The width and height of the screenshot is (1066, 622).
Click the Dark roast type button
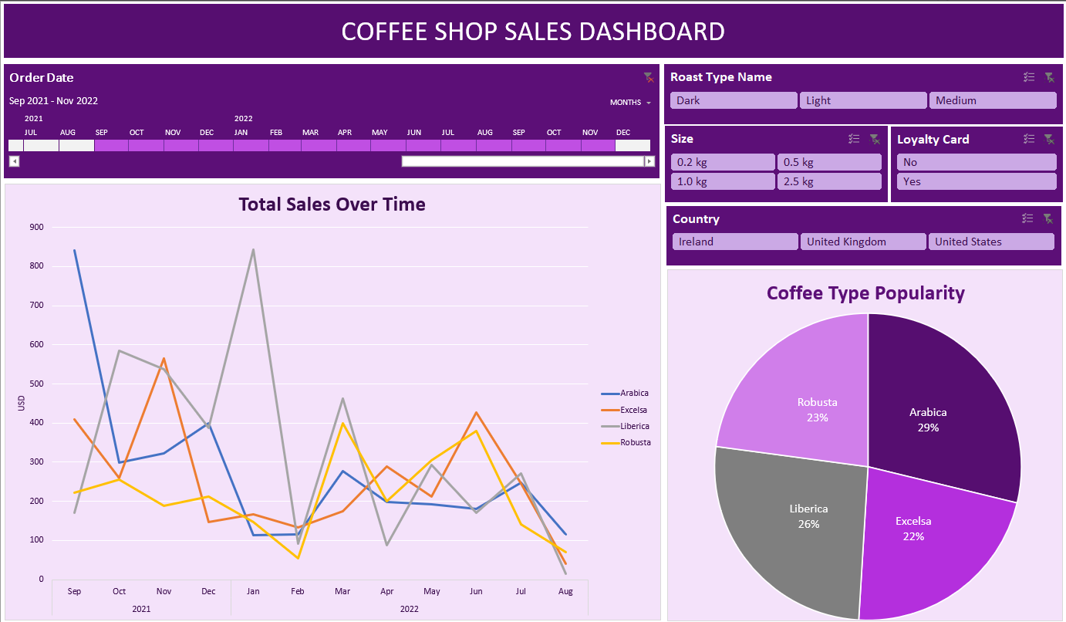(x=733, y=100)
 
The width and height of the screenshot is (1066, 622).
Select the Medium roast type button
(x=992, y=100)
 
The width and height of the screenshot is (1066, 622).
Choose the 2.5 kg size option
(x=829, y=181)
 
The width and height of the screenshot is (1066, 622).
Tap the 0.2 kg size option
(x=722, y=162)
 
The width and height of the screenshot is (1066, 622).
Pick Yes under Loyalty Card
(x=976, y=181)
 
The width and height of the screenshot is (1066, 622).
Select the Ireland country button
(x=735, y=242)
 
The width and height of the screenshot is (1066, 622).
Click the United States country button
(x=990, y=242)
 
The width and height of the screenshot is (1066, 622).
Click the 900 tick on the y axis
(x=36, y=227)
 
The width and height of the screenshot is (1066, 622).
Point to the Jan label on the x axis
(x=252, y=592)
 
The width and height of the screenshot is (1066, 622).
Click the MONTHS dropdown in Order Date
(x=630, y=103)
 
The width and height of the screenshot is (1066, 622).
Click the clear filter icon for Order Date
(x=649, y=77)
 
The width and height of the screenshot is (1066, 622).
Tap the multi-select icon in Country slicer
(x=1028, y=218)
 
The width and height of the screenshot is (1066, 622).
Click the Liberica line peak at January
(x=253, y=250)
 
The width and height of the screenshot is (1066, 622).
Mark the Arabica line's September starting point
(x=75, y=251)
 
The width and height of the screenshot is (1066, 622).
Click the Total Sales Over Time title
(x=332, y=205)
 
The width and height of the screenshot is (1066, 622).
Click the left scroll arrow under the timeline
(x=14, y=161)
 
